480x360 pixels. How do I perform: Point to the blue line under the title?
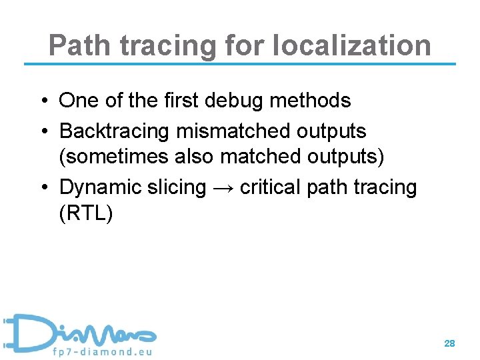click(x=240, y=64)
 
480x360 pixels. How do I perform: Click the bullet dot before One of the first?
click(x=42, y=101)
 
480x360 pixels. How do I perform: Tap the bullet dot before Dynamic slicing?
click(x=42, y=188)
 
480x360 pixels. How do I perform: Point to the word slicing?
click(x=176, y=188)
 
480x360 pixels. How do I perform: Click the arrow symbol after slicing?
click(x=223, y=188)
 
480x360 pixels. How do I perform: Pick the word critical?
click(x=269, y=188)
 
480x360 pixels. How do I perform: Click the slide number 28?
click(x=449, y=343)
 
